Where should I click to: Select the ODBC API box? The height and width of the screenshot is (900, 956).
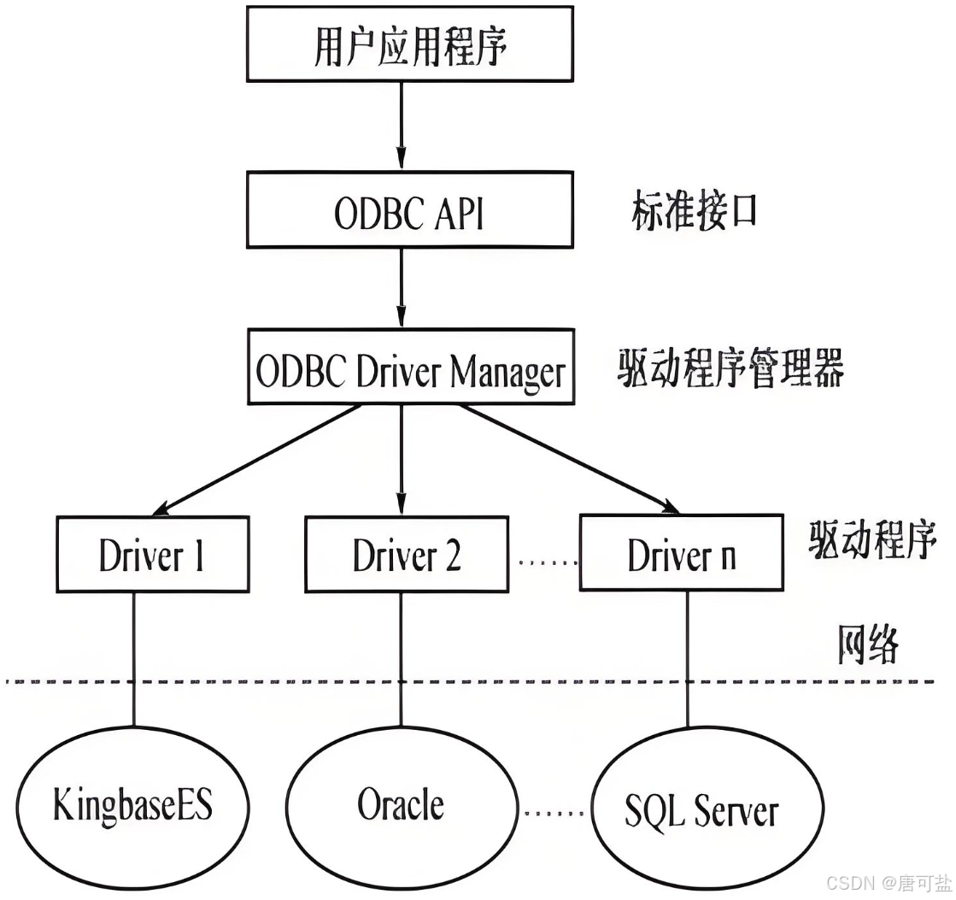(x=409, y=211)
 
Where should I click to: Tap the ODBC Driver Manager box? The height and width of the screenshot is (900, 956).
(x=409, y=368)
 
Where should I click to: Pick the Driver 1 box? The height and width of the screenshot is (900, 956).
(x=152, y=554)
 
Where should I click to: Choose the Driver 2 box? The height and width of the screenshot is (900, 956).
(x=406, y=554)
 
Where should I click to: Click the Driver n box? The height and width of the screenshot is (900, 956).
(x=681, y=554)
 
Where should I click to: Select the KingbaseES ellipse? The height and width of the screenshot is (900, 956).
(x=133, y=805)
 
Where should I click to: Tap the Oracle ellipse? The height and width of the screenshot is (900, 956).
(x=401, y=805)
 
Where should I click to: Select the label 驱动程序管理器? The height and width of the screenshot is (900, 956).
(x=730, y=370)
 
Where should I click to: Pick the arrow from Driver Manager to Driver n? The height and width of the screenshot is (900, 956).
(x=564, y=457)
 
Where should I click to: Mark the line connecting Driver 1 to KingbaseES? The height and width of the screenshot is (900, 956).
(x=133, y=658)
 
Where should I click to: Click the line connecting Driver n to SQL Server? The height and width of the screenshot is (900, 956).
(x=689, y=658)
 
